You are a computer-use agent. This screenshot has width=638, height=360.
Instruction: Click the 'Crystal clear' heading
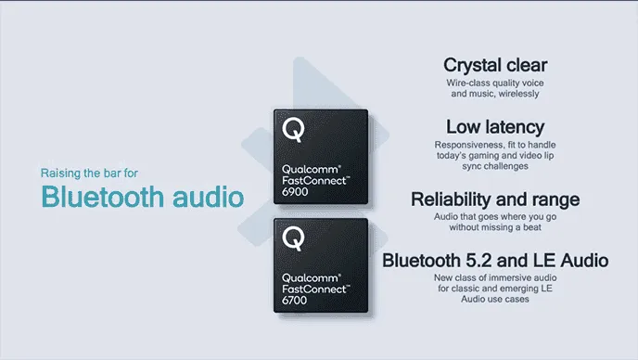coord(494,65)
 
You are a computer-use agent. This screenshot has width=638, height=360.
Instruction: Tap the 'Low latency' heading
coord(494,127)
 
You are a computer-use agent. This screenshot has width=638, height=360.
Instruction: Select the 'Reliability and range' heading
coord(494,199)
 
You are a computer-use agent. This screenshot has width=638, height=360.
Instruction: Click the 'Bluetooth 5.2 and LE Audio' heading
coord(494,260)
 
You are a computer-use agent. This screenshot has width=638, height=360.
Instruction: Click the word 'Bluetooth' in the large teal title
coord(102,198)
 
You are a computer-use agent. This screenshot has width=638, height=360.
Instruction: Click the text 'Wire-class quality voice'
coord(494,84)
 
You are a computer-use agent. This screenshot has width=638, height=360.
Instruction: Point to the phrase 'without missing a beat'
coord(494,227)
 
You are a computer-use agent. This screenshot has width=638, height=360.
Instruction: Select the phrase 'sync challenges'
coord(494,167)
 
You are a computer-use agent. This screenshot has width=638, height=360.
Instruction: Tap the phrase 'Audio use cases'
coord(494,299)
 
